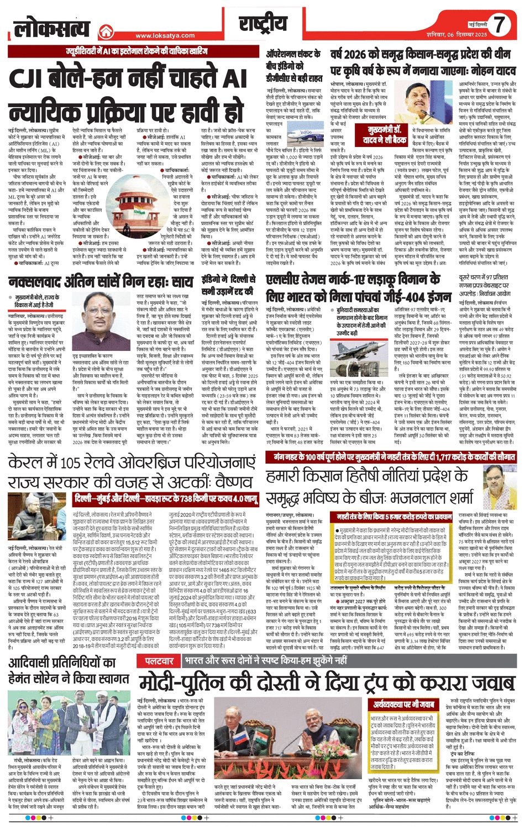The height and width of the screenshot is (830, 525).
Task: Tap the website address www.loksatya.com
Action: [x=165, y=35]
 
